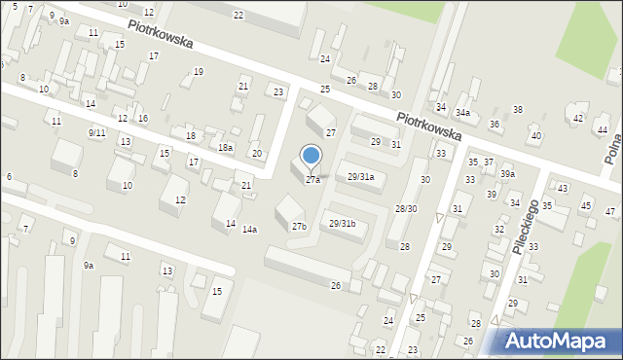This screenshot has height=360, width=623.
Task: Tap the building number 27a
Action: [312, 180]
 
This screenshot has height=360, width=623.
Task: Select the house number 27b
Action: [299, 227]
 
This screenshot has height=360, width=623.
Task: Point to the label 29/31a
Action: [360, 177]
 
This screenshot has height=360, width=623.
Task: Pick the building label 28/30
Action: [406, 209]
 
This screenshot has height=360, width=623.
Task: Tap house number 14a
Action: [249, 230]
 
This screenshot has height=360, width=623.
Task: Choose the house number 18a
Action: [225, 148]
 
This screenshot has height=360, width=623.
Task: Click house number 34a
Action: [463, 113]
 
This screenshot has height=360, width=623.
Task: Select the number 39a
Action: [507, 174]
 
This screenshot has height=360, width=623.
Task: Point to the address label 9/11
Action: [96, 132]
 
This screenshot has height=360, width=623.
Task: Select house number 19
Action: [199, 72]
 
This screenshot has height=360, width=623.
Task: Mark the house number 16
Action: [142, 119]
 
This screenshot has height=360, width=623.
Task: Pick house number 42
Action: [579, 119]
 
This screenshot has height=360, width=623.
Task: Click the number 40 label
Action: [535, 135]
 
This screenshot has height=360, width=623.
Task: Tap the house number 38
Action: [518, 110]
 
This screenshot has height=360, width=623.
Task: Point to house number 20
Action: [256, 154]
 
